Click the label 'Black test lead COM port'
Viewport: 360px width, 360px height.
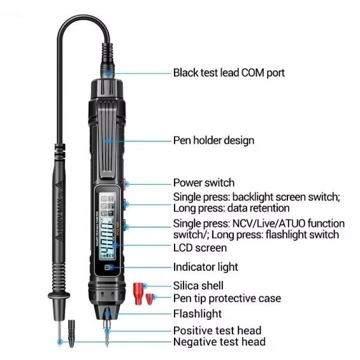pos(229,73)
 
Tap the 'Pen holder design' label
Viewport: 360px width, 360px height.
pos(213,140)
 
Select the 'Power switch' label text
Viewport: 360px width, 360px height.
pos(204,183)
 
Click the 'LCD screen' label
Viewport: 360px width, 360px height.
pos(199,248)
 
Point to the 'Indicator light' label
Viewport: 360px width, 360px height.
pos(205,267)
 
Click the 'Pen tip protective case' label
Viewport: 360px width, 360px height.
pos(227,298)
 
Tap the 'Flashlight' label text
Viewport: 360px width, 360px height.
pos(198,313)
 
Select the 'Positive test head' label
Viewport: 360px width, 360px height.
pos(217,330)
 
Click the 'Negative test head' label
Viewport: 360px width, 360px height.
pos(219,342)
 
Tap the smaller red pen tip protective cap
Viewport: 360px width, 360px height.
pos(150,298)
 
